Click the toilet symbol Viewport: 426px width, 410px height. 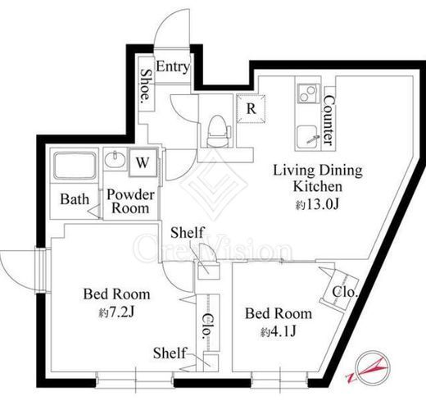tap(218, 131)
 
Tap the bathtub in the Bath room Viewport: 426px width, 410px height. tap(75, 166)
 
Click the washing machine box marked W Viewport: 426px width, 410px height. tap(143, 163)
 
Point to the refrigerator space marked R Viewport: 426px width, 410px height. tap(251, 109)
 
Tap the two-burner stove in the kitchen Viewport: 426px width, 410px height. tap(309, 93)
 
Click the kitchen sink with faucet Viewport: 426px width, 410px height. tap(308, 138)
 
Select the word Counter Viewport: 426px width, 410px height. tap(329, 121)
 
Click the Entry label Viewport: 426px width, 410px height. tap(173, 66)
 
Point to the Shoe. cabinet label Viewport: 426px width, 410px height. tap(146, 85)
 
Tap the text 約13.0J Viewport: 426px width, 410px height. tap(317, 204)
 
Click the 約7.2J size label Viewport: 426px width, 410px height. tap(116, 312)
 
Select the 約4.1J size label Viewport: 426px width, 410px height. tap(279, 331)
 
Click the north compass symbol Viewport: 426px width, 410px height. tap(373, 367)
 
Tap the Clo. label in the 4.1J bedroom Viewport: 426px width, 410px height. tap(345, 293)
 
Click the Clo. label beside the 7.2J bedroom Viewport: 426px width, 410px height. tap(207, 326)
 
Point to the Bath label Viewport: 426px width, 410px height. tap(75, 199)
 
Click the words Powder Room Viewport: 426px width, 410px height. tap(130, 202)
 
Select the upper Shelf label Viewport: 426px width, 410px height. tap(188, 233)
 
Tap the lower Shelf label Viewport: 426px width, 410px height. tap(170, 353)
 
